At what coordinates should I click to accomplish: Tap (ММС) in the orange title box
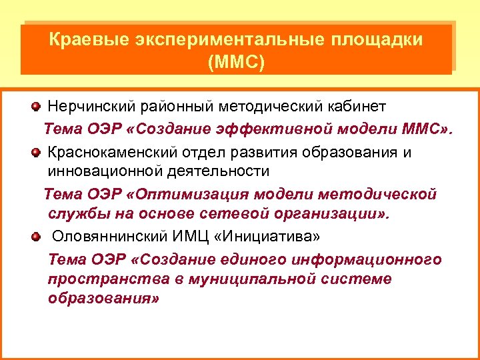pos(236,63)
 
